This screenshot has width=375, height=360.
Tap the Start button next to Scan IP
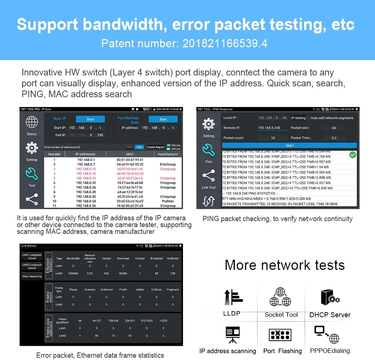90,119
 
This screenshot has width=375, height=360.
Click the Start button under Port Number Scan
163,119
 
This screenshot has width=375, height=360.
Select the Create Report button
155,147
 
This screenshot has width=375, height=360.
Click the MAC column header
130,154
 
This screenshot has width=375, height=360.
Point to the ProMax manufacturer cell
168,201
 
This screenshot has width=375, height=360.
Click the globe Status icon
32,122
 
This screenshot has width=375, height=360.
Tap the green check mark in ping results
352,155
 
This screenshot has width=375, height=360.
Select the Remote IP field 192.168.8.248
272,128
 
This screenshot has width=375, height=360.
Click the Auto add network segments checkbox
309,118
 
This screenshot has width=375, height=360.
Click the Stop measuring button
32,276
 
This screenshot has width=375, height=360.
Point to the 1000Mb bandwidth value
73,273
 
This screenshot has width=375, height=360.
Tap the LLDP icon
233,297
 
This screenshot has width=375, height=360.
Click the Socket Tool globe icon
280,297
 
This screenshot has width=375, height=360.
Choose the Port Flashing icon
280,335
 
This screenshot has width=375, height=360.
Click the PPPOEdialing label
330,351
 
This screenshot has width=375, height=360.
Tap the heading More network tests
284,265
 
